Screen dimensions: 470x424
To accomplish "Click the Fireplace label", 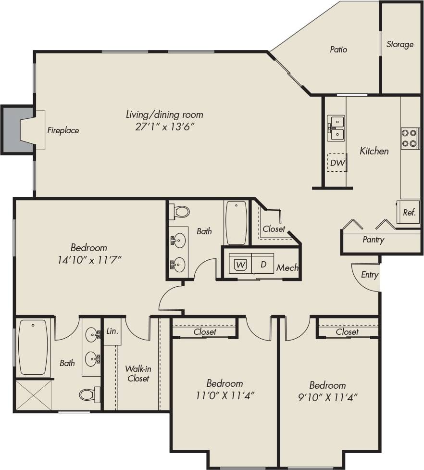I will point(63,130).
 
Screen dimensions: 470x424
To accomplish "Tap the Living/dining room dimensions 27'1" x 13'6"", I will point(164,126).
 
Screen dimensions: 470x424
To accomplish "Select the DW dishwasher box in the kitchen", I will point(337,163).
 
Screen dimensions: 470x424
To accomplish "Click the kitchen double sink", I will point(336,127).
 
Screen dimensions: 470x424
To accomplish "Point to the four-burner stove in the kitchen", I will point(410,138).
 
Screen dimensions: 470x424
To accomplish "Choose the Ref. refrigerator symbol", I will point(408,212).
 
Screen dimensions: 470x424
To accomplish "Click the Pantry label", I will point(374,240).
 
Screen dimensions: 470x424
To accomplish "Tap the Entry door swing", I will point(366,277).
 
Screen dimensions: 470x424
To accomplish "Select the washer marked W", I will point(240,264).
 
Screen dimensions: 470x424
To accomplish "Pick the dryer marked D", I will point(263,264).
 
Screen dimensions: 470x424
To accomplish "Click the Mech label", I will point(287,268).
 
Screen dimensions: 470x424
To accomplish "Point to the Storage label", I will point(400,44).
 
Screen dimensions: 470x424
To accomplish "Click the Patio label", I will point(338,50).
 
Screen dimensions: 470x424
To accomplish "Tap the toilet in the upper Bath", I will point(180,212).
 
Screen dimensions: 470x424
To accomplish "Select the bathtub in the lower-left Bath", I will point(33,347).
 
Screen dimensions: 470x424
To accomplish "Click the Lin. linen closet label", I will point(112,331).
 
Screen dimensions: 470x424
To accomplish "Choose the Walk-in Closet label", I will point(138,374).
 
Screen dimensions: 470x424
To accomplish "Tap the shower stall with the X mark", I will point(33,395).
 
